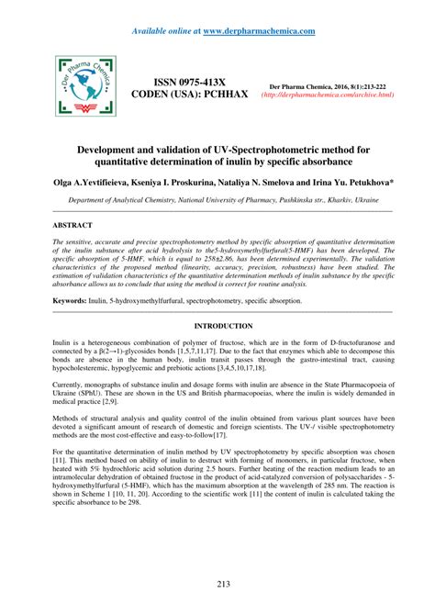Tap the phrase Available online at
click(165, 30)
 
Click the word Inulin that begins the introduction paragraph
click(62, 317)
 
